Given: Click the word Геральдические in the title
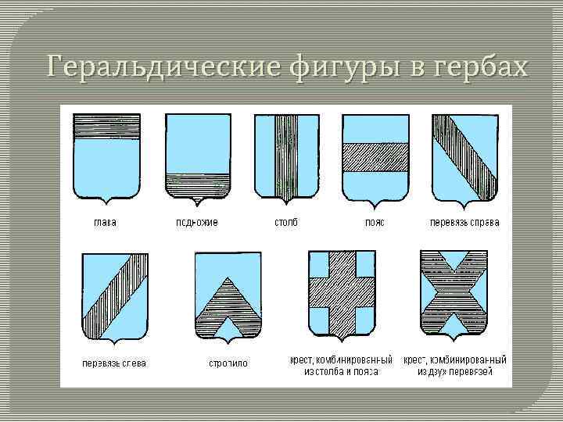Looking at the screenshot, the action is coord(162,67).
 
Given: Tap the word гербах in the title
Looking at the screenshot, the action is coord(478,67).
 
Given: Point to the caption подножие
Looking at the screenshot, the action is coord(197,223).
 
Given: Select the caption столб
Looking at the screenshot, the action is coord(285,223).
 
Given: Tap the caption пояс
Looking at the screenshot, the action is coord(375,223).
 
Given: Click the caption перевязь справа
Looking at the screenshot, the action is coord(465,223).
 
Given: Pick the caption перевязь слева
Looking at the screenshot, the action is coord(115,363).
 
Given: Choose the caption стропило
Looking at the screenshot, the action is coord(228,363).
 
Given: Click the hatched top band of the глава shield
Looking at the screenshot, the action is coord(107,126).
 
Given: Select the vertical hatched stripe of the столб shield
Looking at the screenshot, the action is coord(287,156).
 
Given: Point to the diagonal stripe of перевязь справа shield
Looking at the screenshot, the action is coord(464,156).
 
